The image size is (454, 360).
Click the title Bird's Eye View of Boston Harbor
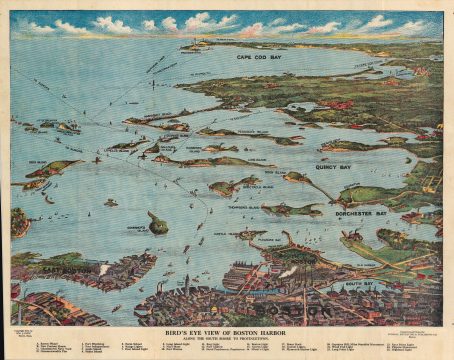(x=226, y=333)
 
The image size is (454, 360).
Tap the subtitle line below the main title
(x=226, y=341)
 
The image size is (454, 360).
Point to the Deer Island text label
(x=42, y=160)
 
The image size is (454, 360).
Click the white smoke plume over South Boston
(x=286, y=271)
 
